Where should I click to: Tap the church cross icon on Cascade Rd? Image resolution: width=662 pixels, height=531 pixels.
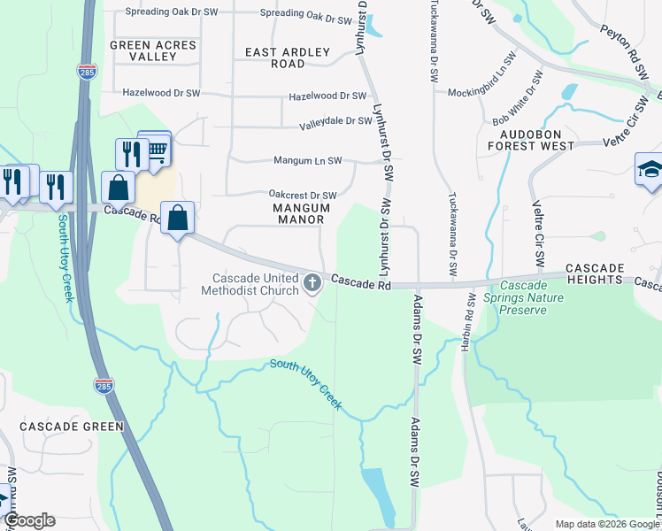click(x=312, y=283)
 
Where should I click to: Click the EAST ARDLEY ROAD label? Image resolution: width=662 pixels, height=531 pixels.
click(x=287, y=58)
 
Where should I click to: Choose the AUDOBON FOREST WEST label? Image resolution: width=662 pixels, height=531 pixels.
click(x=543, y=139)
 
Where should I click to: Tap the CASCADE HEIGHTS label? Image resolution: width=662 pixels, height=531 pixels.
click(x=595, y=273)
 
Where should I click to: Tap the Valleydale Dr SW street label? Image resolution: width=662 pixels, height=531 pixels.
click(x=335, y=120)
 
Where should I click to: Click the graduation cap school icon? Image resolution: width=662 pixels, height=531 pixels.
click(x=649, y=170)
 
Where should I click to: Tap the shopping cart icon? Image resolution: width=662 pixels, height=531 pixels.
click(x=158, y=150)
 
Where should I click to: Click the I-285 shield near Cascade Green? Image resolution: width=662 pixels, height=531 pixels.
click(x=104, y=385)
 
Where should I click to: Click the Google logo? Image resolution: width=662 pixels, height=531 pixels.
click(x=29, y=520)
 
